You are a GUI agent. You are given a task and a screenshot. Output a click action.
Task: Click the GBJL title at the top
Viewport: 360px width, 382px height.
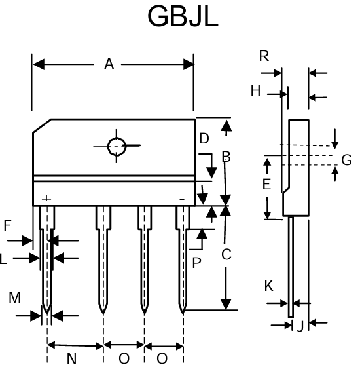tap(183, 17)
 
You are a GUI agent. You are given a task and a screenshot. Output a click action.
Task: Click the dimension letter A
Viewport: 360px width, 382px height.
tap(109, 64)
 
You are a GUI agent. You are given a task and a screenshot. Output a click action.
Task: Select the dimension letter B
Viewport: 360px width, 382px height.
tap(226, 157)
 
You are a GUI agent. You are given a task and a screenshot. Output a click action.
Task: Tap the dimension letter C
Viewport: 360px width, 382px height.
tap(226, 255)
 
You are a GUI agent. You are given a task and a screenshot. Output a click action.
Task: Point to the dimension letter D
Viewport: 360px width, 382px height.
tap(204, 139)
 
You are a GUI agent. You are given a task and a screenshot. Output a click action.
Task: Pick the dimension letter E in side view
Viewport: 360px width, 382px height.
tap(266, 185)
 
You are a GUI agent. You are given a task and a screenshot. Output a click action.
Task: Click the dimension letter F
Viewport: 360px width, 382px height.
tap(8, 225)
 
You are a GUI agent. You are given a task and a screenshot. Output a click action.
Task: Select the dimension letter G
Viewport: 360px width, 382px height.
tap(346, 160)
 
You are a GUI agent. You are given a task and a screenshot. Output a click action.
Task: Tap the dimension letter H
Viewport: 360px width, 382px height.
tap(255, 91)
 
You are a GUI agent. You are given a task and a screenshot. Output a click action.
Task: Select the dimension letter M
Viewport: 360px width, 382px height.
tap(14, 298)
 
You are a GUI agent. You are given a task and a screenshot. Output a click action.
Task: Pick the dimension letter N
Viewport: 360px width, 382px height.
tap(72, 358)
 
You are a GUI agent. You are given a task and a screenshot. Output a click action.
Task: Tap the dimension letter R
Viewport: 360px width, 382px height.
tap(264, 56)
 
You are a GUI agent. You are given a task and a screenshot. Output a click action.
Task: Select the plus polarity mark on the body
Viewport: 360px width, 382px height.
tap(46, 198)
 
